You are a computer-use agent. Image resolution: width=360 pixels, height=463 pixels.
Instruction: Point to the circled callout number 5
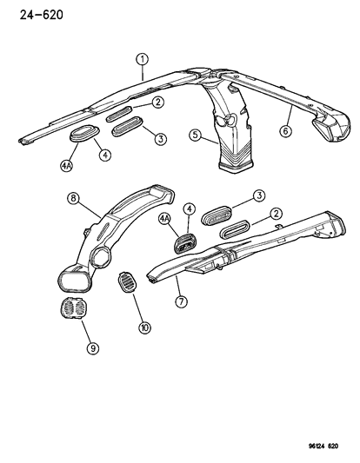(x=197, y=136)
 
